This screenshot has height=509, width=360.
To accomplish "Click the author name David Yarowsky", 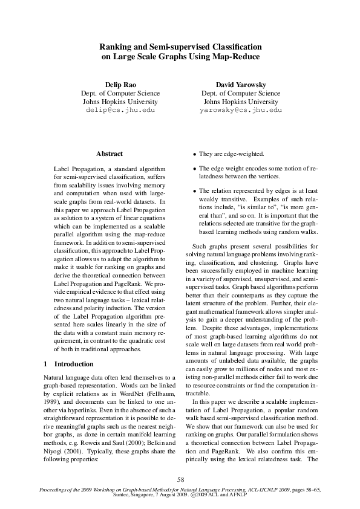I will (240, 84).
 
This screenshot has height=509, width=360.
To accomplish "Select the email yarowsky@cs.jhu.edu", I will (240, 111).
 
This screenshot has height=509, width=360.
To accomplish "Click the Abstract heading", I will (110, 154).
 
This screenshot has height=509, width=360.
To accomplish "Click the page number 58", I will (180, 479).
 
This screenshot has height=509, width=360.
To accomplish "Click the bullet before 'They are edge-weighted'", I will (194, 155).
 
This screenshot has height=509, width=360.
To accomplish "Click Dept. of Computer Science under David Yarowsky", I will (240, 93).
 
